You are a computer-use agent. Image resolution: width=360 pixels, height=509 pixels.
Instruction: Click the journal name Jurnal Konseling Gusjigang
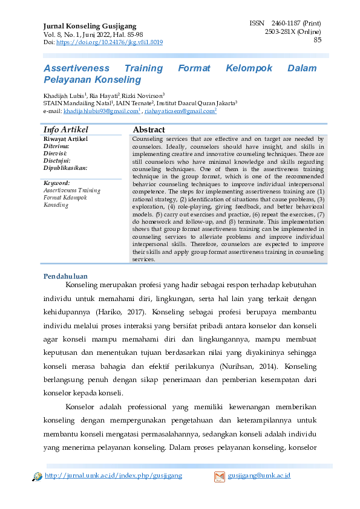click(x=90, y=27)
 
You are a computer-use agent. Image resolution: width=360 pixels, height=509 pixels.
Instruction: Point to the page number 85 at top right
click(x=317, y=40)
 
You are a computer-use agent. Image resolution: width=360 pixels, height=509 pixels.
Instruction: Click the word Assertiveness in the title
click(x=76, y=68)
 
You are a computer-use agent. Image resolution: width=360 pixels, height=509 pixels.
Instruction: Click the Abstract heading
click(x=149, y=130)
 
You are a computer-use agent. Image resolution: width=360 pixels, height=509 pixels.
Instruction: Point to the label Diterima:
click(x=56, y=146)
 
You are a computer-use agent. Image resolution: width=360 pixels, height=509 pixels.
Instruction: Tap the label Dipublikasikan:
click(x=65, y=168)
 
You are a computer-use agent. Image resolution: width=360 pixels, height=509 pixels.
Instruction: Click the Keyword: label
click(x=57, y=183)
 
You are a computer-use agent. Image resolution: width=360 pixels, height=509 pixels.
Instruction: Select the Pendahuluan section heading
click(x=66, y=276)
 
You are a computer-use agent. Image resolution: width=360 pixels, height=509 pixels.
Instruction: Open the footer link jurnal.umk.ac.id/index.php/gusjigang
click(x=113, y=476)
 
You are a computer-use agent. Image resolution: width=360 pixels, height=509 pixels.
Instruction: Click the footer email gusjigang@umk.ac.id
click(x=260, y=476)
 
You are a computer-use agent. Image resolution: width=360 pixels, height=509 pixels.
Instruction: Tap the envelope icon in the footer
click(x=220, y=477)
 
